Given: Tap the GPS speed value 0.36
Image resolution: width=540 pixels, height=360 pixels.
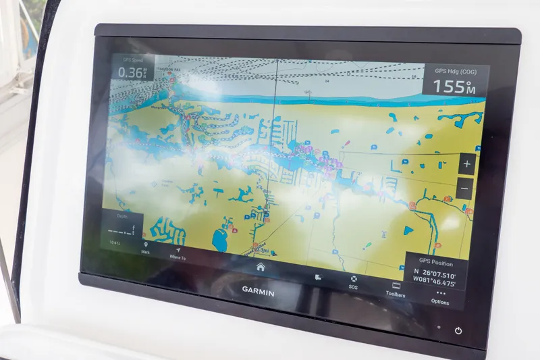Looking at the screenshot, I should point(131,73).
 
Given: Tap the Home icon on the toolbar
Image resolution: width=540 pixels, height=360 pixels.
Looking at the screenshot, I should point(261,267).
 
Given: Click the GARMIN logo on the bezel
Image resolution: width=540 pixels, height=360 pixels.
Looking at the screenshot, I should point(259,290).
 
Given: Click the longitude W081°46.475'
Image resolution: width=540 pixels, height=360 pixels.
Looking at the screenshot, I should point(434,284).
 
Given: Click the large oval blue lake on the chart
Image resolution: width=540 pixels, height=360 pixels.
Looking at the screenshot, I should point(220,238).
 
